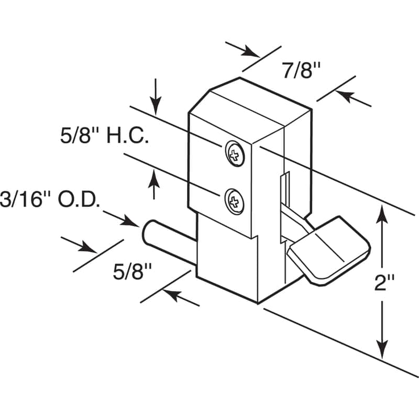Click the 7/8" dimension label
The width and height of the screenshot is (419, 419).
point(301,70)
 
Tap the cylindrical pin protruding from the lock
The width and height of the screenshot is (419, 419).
point(168,234)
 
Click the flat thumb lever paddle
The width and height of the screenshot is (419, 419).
point(330,251)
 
